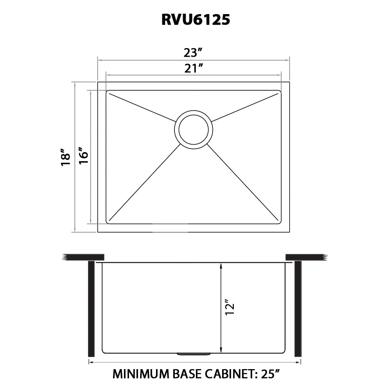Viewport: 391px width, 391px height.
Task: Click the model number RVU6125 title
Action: tap(195, 19)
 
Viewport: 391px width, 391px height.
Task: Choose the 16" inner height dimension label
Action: tap(83, 156)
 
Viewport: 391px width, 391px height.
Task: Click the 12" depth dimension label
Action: tap(230, 308)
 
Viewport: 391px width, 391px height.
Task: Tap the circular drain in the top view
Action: tap(194, 129)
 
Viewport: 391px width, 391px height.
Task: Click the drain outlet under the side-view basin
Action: tap(194, 354)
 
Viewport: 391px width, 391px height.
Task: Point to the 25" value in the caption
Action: tap(269, 374)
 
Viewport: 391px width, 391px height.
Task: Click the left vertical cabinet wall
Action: tap(91, 309)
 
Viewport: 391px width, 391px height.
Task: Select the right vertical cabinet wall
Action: tap(298, 309)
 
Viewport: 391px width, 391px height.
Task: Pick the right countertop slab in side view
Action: tap(305, 257)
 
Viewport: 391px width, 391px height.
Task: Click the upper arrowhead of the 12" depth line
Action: tap(221, 266)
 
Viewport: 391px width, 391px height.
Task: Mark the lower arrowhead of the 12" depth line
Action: tap(221, 350)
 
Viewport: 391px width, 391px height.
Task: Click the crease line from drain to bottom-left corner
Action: tap(145, 182)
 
